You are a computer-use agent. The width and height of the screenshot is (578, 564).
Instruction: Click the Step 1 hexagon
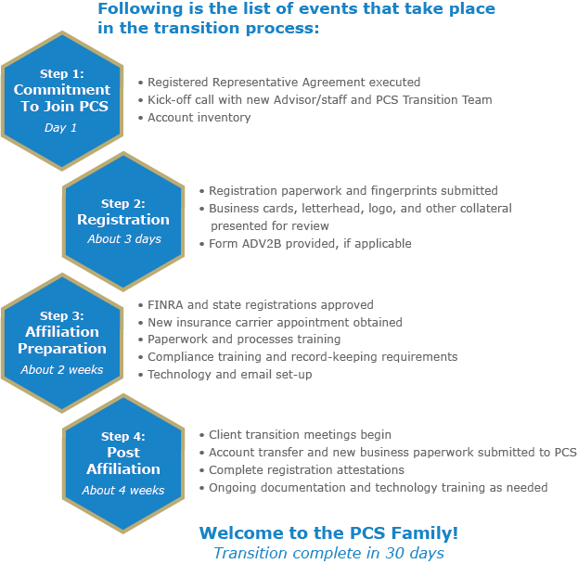tap(61, 100)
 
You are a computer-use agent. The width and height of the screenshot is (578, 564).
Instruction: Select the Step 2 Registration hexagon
tap(123, 220)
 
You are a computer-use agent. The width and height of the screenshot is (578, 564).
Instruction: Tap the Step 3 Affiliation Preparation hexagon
tap(61, 340)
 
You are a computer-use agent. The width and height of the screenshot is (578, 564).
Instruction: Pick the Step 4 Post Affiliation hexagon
tap(123, 461)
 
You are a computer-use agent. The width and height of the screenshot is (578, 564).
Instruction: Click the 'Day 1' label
tap(61, 128)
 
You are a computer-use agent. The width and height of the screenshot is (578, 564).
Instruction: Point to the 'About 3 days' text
tap(123, 239)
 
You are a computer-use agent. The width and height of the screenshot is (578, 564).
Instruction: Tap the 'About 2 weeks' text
tap(62, 370)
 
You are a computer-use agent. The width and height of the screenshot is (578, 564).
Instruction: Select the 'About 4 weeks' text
tap(123, 490)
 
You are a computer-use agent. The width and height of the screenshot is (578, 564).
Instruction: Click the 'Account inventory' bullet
tap(199, 118)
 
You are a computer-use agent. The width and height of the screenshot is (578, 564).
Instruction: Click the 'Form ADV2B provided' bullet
tap(310, 244)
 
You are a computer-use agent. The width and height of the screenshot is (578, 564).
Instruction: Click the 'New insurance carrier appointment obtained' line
tap(275, 323)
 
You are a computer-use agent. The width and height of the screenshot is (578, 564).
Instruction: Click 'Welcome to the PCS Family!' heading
tap(328, 533)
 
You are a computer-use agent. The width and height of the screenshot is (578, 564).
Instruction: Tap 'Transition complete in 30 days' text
tap(328, 554)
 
